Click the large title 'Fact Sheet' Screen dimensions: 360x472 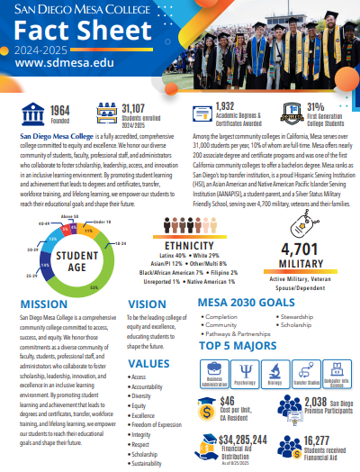68,33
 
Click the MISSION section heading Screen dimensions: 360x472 47,304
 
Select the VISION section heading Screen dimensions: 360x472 147,304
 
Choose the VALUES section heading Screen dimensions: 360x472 148,363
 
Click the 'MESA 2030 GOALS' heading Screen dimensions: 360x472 235,304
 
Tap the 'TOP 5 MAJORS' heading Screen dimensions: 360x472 238,346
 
